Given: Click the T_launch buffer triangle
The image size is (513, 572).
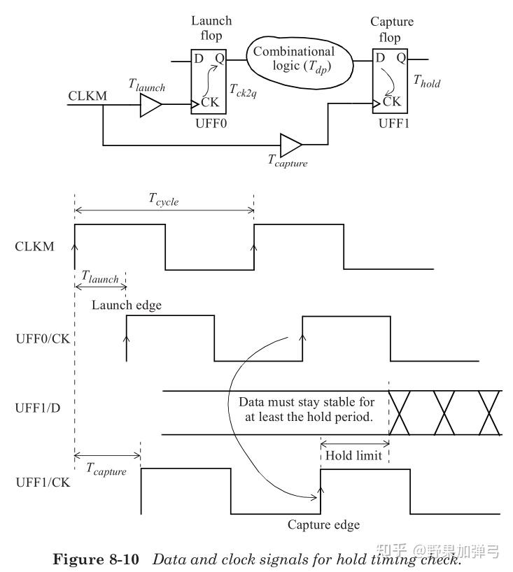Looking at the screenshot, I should click(x=150, y=106).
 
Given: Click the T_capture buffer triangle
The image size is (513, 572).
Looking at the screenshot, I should click(x=289, y=145).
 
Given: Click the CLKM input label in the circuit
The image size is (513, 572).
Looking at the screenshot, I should click(x=87, y=95).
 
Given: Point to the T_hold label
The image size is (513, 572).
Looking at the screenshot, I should click(x=426, y=81).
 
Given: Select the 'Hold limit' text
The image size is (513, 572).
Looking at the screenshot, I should click(x=354, y=456).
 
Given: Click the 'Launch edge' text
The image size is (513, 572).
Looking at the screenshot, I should click(x=127, y=305).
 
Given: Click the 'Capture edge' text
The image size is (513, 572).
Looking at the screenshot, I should click(x=323, y=524).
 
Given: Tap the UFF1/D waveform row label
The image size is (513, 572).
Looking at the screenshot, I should click(x=38, y=407).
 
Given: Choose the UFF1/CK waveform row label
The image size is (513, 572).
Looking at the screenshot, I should click(x=41, y=482).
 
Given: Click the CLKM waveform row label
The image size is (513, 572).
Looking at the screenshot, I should click(x=34, y=245).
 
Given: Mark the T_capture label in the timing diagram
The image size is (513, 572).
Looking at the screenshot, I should click(x=106, y=471).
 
